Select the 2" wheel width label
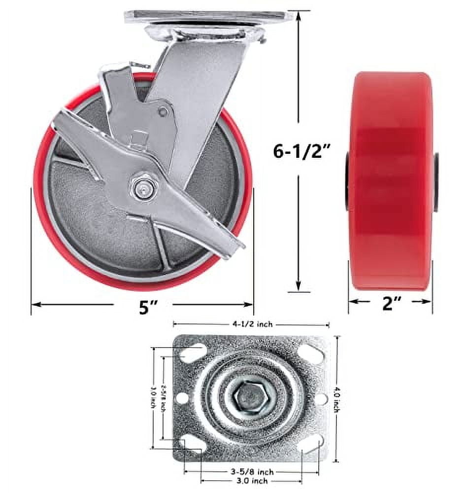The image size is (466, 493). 390,304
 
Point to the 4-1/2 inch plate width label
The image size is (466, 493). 251,324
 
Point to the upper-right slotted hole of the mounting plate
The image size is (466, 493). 311,354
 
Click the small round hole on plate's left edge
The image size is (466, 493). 181,398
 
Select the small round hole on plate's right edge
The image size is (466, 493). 320,398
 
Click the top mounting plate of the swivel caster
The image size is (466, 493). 209,16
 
